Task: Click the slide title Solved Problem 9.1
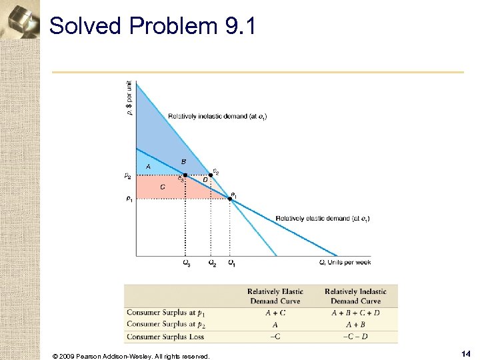152,26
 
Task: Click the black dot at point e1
230,199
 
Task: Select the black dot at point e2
211,175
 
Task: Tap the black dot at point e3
185,175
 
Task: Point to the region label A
148,166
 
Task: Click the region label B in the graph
183,162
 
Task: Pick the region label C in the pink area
162,187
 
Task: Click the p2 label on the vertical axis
128,175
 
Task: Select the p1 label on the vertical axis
128,199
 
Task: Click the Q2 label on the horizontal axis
211,263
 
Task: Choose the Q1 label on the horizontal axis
231,263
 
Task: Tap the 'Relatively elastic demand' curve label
323,219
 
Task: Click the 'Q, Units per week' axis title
345,263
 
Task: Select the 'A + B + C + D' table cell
355,312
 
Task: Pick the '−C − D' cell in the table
355,337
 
